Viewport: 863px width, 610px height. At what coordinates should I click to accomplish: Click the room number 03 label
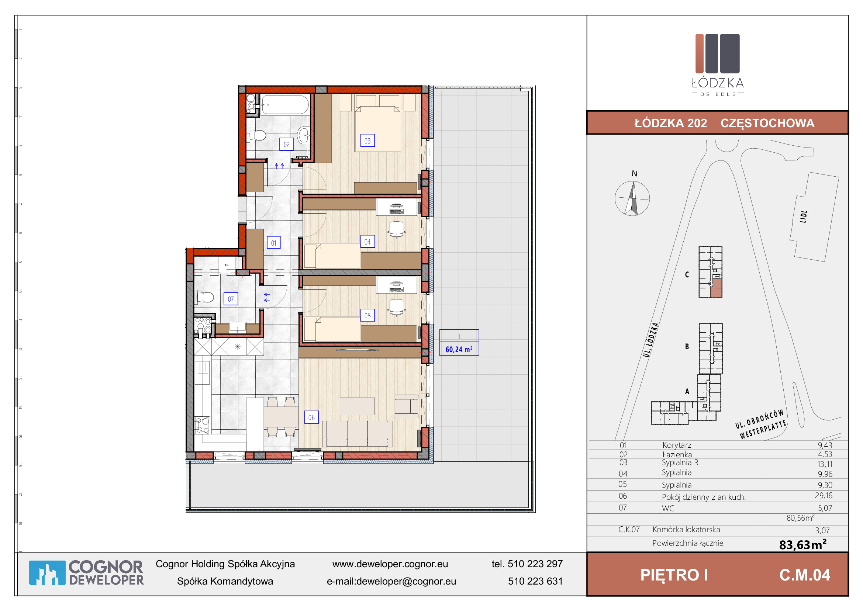coord(367,141)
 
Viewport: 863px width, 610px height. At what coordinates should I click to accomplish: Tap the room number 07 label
coord(231,299)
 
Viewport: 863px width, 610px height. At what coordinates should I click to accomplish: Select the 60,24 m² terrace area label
coord(459,349)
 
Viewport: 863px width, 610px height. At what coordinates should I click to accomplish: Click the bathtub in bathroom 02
coord(285,104)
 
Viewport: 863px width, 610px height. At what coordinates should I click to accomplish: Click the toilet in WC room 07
coord(204,298)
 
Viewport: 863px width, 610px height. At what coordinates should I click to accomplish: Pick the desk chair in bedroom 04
coord(397,229)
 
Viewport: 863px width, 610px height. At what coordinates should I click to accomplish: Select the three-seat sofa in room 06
coord(358,433)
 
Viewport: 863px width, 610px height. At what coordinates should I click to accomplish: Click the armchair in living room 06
coord(406,406)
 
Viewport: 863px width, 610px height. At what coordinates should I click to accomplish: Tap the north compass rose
coord(632,198)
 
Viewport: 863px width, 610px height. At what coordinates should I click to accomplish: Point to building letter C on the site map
coord(687,275)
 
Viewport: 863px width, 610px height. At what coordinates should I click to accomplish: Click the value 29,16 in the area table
coord(824,496)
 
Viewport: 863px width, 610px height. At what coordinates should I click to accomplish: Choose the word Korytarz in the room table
coord(677,445)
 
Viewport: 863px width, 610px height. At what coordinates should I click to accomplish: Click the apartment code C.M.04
coord(805,575)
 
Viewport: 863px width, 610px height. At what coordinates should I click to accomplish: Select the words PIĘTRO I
coord(674,575)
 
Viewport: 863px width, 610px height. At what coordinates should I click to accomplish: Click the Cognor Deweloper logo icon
coord(47,572)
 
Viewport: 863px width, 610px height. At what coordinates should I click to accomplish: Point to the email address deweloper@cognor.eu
coord(406,582)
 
